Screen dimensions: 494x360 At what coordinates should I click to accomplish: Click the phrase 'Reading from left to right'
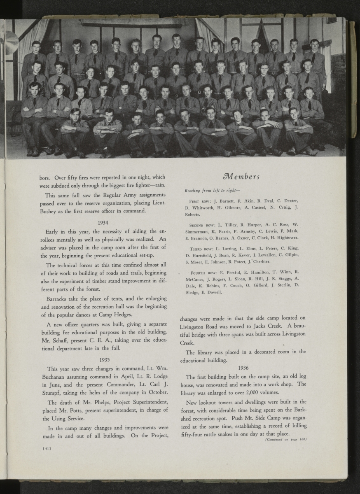(208, 191)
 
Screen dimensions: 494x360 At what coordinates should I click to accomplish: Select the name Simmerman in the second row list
(199, 231)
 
